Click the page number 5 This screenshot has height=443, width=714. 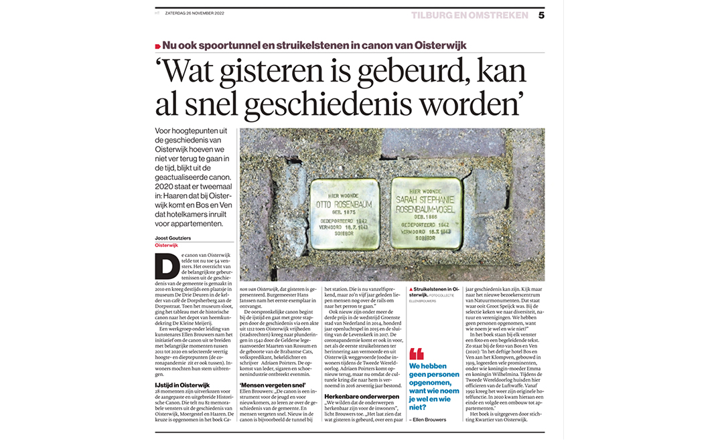point(541,15)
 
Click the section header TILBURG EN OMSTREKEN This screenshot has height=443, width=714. point(470,15)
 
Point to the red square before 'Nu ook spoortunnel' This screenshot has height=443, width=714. point(157,46)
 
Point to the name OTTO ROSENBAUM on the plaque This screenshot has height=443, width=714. point(342,203)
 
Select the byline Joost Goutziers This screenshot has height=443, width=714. point(174,238)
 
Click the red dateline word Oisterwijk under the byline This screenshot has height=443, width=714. point(167,246)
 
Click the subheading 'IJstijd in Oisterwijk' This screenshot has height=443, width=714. point(183,385)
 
